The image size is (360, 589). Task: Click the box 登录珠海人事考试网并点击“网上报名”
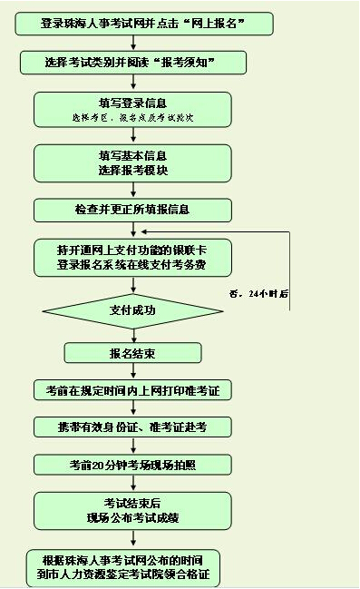click(x=144, y=24)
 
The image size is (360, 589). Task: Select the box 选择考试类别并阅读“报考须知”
click(x=133, y=63)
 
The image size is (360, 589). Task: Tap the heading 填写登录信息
click(x=133, y=103)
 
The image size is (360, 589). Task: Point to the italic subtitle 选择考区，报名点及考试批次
click(x=133, y=118)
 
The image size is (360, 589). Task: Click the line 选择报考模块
click(x=133, y=170)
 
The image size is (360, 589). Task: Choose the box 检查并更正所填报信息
click(x=133, y=210)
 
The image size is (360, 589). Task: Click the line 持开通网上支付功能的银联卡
click(x=131, y=250)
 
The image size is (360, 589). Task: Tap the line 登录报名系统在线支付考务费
click(x=131, y=264)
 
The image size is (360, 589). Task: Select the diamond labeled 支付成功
click(x=133, y=311)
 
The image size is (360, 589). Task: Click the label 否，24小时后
click(x=259, y=294)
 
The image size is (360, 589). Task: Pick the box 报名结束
click(x=133, y=353)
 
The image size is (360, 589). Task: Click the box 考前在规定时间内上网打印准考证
click(x=133, y=390)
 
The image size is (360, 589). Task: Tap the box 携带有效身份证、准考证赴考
click(x=133, y=427)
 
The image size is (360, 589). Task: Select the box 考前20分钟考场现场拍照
click(x=133, y=465)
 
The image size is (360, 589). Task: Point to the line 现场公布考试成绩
click(x=133, y=517)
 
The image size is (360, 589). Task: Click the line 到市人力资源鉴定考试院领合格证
click(x=123, y=574)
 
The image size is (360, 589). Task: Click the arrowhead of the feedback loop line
click(x=144, y=231)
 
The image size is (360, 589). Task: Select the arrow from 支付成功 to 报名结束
click(x=133, y=336)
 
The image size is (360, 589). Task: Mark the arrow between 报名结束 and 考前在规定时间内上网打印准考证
click(x=133, y=371)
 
